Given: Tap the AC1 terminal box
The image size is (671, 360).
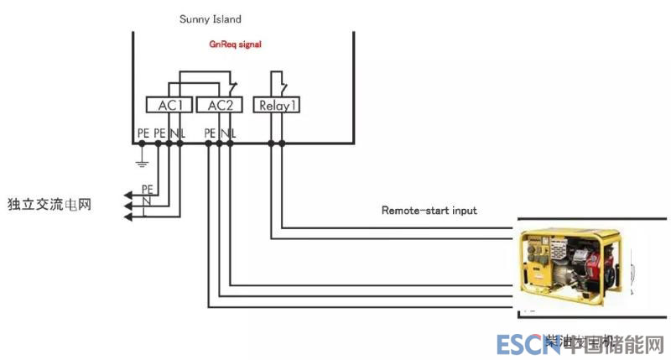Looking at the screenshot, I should tap(169, 105).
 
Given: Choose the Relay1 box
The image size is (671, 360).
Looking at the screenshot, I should tap(276, 105).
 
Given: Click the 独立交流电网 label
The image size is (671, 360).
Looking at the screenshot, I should tap(49, 204).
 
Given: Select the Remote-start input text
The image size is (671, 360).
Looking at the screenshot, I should tap(429, 210).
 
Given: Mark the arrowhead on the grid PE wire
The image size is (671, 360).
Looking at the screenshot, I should tap(127, 196).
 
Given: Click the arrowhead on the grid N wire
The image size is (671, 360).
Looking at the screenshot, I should tap(127, 206).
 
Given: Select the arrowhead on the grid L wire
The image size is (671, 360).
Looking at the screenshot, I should tap(127, 217).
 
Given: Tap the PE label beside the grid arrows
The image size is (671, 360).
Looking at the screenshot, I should tap(147, 189).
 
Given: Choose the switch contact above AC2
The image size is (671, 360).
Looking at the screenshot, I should tap(231, 86).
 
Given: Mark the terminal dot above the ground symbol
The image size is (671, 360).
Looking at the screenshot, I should tap(143, 143).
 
